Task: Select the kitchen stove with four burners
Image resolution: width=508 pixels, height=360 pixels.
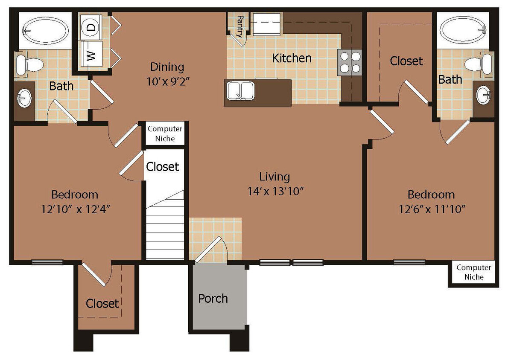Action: pos(350,62)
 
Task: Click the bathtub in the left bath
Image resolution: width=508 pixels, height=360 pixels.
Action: pos(45,30)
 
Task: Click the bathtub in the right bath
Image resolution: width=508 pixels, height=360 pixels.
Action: pos(463,30)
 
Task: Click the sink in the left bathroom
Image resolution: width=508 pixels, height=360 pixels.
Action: pos(24,99)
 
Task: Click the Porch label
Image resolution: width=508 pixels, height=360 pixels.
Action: pos(213,299)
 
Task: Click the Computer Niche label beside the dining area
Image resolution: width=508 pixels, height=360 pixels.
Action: pos(165,134)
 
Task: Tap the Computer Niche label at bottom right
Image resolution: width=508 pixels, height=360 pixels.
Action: pos(474,272)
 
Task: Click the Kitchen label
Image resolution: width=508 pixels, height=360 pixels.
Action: pos(292,58)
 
